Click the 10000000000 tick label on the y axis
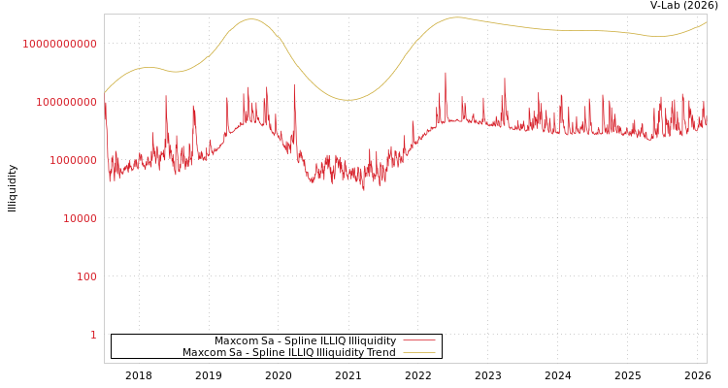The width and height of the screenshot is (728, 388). coord(59,44)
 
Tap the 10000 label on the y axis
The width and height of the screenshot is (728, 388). coord(80,218)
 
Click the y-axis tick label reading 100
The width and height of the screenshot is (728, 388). coord(86,276)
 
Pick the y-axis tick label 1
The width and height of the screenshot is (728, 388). coord(93,335)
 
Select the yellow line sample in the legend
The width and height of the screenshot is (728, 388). coord(419,353)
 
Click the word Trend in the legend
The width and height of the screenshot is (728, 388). coord(380,353)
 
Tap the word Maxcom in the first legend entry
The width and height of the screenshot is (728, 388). coord(234,341)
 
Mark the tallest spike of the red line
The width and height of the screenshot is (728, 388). coord(446,72)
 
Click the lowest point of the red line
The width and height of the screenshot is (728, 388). coord(364,190)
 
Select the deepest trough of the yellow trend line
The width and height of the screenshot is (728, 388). coord(347,100)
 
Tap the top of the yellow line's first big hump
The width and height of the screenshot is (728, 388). coord(251,18)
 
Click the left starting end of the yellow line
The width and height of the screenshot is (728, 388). coord(105,93)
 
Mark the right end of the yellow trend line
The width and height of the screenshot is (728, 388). coord(707,22)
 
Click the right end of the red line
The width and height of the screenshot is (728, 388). coord(707,122)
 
